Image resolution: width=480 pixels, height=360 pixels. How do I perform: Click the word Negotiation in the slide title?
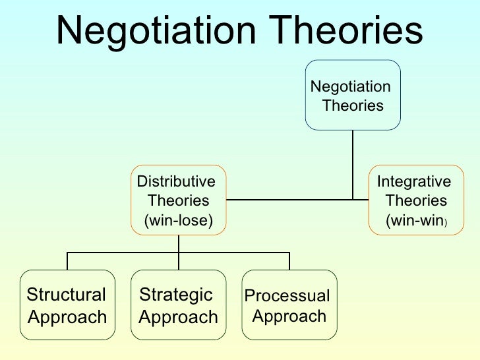click(152, 30)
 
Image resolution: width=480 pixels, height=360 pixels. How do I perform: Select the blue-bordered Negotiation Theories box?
click(353, 95)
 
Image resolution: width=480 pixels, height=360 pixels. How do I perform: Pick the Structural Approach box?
click(67, 305)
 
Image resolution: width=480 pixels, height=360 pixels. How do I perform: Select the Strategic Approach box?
click(178, 305)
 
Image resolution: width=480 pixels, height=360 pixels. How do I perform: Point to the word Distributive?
click(175, 181)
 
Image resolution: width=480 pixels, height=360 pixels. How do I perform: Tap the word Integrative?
click(413, 181)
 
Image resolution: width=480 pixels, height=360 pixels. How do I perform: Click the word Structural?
click(66, 295)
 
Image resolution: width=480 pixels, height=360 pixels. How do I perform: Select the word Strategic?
click(175, 295)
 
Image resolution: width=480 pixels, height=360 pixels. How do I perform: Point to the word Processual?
click(287, 296)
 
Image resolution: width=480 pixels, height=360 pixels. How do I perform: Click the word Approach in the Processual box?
click(290, 316)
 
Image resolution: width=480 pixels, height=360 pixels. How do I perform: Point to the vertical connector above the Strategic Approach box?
click(178, 260)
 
